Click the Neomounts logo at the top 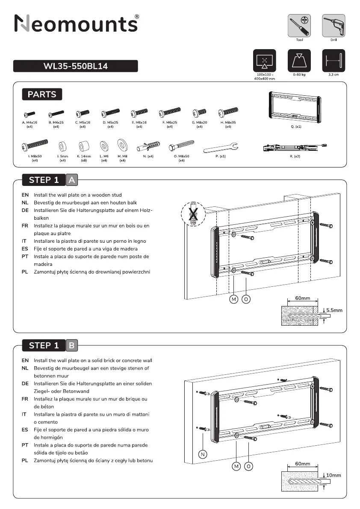[76, 24]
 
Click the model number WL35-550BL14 [75, 66]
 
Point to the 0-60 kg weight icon [299, 61]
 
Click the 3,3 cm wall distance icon [333, 61]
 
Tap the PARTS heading [42, 94]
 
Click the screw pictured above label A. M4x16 [30, 114]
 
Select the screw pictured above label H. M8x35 [227, 113]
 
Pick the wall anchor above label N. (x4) [148, 147]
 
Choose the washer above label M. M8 [122, 145]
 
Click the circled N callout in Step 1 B [202, 454]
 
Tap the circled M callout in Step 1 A [234, 299]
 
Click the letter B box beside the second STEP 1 [72, 345]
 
